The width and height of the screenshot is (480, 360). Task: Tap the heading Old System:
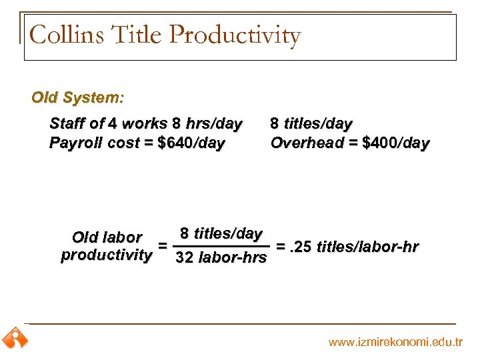[x=77, y=97]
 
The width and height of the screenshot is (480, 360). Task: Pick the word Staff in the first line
[x=68, y=123]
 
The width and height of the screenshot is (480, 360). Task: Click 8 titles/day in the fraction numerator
[x=221, y=233]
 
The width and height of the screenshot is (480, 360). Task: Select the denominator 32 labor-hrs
[x=221, y=257]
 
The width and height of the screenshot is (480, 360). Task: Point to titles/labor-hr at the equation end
[x=368, y=247]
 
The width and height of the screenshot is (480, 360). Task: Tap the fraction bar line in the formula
[x=221, y=245]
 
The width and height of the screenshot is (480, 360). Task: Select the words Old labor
[x=107, y=237]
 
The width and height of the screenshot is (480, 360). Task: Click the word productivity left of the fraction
[x=107, y=255]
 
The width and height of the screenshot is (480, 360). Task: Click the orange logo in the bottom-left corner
[x=15, y=339]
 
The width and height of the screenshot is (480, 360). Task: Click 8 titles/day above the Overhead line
[x=311, y=123]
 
